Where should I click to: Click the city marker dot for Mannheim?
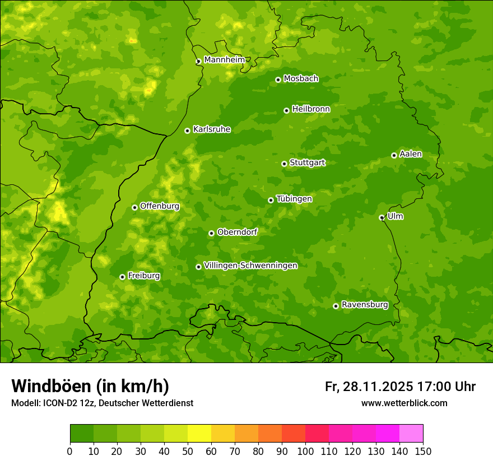pos(198,62)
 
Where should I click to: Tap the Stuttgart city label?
pos(307,163)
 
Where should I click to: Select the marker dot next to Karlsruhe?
pos(187,131)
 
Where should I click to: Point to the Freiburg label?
pos(143,276)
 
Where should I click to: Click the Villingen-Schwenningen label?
pos(250,266)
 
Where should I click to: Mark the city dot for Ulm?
pos(382,218)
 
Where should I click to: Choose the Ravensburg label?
pos(364,305)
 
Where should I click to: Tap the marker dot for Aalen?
pos(394,156)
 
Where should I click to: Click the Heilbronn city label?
pos(311,109)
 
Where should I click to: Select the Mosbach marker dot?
pos(278,80)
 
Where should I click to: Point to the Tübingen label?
pos(294,199)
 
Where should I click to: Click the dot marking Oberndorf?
pos(211,234)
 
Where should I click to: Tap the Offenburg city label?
pos(160,206)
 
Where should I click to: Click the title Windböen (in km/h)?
pos(90,386)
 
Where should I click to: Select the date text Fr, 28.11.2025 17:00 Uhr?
pos(400,387)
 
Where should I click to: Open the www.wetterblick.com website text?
pos(404,403)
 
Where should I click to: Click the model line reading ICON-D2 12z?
pos(102,403)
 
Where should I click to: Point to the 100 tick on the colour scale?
pos(305,452)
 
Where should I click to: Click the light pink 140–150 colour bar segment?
pos(411,434)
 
